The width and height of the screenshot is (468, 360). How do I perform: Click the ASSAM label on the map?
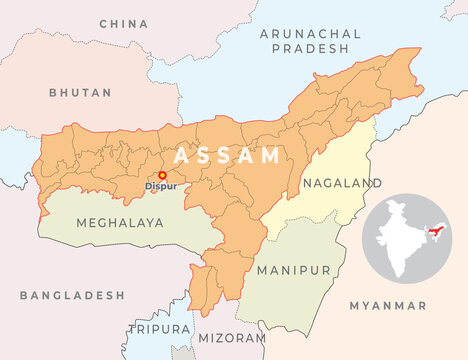[x=227, y=156]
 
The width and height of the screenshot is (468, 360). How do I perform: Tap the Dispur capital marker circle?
[x=162, y=175]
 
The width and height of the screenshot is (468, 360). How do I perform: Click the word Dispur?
[x=160, y=186]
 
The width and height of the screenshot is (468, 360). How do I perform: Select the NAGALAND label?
[x=341, y=183]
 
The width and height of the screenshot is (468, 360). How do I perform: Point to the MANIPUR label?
[x=293, y=271]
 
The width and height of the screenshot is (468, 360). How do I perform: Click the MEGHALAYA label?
[x=119, y=223]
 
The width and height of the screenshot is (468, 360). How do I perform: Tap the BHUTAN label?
[x=80, y=92]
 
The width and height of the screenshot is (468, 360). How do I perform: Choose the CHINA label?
[x=124, y=22]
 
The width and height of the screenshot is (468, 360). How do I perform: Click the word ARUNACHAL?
[x=309, y=34]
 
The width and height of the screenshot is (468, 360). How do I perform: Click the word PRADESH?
[x=309, y=48]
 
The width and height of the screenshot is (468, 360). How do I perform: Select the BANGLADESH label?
[x=72, y=296]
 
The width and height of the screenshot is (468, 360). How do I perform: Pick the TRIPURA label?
[x=158, y=328]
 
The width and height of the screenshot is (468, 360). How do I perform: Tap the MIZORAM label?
[x=232, y=339]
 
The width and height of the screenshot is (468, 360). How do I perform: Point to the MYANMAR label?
[x=388, y=305]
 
